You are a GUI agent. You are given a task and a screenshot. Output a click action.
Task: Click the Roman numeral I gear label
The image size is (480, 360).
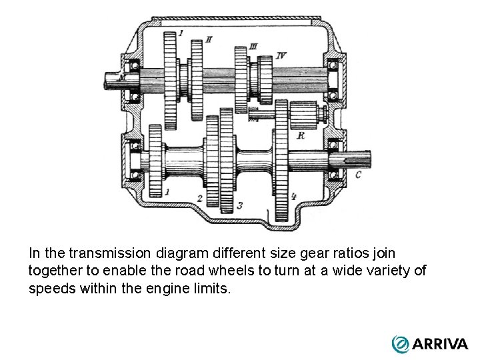(181, 32)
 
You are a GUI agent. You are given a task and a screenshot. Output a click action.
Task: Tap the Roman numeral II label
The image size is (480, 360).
(209, 39)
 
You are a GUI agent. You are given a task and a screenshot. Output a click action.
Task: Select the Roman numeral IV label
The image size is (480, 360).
(281, 55)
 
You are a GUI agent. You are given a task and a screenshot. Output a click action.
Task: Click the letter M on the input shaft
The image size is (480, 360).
(121, 79)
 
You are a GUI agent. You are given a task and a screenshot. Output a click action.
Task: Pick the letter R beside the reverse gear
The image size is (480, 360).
(301, 135)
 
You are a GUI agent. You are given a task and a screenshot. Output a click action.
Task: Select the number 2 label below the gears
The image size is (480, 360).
(200, 199)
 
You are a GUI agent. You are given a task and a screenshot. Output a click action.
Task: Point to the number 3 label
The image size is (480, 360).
(239, 205)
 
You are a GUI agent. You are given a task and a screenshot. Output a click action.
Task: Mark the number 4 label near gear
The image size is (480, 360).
(294, 197)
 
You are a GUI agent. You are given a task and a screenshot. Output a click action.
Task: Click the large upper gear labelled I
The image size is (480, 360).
(170, 80)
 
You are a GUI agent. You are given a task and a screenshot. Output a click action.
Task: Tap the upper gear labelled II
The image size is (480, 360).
(196, 80)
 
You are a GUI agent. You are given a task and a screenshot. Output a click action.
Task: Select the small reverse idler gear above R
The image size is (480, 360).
(303, 115)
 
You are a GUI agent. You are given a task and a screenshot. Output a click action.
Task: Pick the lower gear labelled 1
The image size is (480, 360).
(157, 162)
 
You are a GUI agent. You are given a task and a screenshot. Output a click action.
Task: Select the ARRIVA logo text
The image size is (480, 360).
(440, 344)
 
